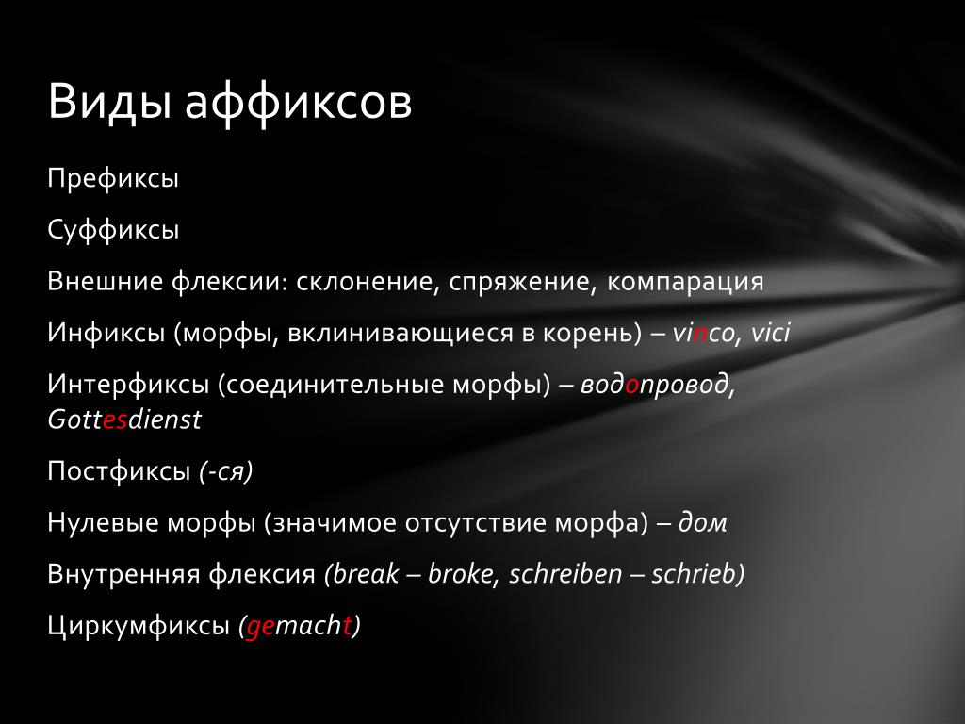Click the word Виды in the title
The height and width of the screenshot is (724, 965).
[x=109, y=101]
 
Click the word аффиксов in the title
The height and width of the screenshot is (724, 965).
[x=299, y=101]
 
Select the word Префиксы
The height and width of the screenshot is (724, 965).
[x=113, y=179]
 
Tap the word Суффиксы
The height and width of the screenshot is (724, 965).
[x=113, y=231]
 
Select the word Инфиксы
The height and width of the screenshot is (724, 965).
[x=106, y=333]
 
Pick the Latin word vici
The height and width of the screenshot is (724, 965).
[x=770, y=333]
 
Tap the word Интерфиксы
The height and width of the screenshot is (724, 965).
[x=128, y=385]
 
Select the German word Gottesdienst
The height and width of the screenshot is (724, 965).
[x=124, y=420]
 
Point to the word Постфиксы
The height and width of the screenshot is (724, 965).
[x=119, y=471]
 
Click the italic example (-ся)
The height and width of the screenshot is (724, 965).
[x=225, y=471]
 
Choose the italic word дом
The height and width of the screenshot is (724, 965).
[x=702, y=523]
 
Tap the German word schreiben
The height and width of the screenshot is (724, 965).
[x=565, y=574]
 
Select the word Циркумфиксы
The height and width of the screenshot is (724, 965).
[x=139, y=626]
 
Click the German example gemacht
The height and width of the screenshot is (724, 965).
[x=299, y=627]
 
